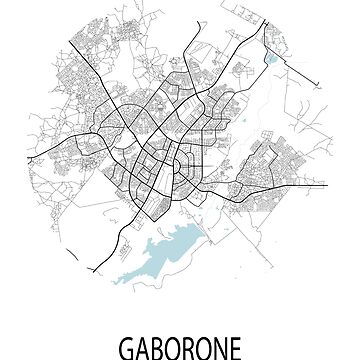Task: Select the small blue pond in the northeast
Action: [x=271, y=57]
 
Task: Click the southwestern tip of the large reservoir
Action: [x=119, y=283]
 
